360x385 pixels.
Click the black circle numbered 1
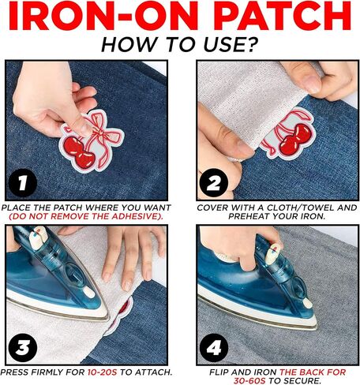point(23,182)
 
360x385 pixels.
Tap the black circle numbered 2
point(214,182)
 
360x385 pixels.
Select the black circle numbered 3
point(23,347)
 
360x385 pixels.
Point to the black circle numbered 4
point(214,347)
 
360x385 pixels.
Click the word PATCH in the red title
point(282,17)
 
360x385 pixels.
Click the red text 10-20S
point(102,372)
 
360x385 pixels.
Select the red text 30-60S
point(249,380)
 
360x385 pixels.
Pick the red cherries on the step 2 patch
point(295,139)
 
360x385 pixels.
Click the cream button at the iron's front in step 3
point(88,293)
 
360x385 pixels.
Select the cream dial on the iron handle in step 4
point(272,254)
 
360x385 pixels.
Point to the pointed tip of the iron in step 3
point(109,318)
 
